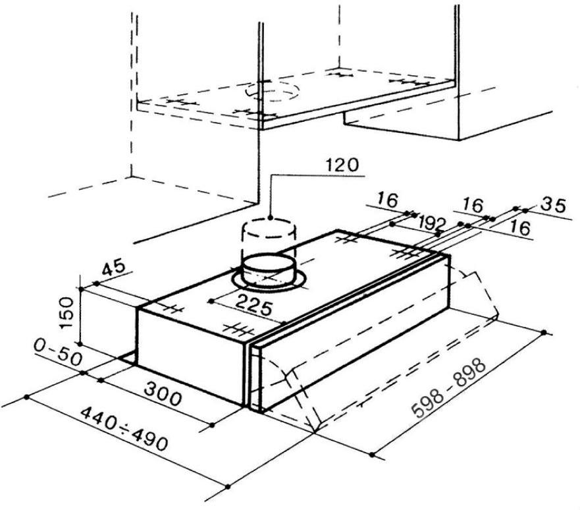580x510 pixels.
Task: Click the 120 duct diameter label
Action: click(342, 165)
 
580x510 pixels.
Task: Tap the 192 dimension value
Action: click(431, 223)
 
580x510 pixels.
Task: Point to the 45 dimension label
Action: click(114, 269)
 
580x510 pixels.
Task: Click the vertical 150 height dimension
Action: click(67, 314)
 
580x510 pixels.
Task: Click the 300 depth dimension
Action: click(163, 394)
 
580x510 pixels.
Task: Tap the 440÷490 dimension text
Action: click(124, 428)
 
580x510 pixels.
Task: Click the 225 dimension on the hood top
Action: click(253, 305)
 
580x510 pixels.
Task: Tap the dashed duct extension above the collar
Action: click(269, 237)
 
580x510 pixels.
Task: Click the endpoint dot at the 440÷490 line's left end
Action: click(26, 397)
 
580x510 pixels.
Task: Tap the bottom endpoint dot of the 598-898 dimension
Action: click(372, 455)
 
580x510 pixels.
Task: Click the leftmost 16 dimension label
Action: click(388, 200)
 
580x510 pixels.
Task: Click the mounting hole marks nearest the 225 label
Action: click(238, 329)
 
